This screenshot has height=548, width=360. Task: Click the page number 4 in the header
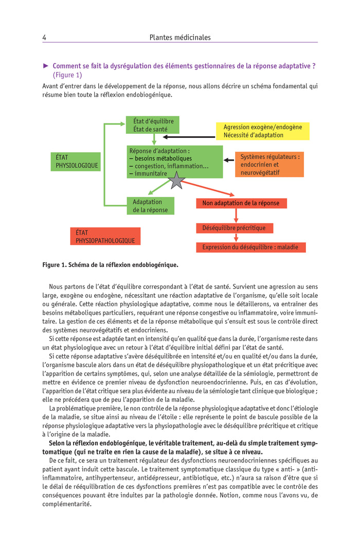(45, 38)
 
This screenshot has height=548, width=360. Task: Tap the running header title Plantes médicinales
(180, 38)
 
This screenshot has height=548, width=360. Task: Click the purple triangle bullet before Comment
(46, 66)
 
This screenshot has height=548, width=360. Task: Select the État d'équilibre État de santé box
(153, 125)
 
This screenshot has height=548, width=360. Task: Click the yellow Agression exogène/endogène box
(262, 131)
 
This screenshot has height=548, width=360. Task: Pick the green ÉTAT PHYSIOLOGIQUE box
(75, 162)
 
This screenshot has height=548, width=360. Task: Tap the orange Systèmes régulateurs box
(269, 164)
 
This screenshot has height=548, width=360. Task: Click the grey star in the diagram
(176, 180)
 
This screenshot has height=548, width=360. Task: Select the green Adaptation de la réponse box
(150, 206)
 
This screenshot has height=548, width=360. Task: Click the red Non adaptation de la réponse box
(241, 203)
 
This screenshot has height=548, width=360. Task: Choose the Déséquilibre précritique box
(234, 227)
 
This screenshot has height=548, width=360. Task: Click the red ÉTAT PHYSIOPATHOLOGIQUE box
(105, 236)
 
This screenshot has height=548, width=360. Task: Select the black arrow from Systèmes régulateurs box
(229, 161)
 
